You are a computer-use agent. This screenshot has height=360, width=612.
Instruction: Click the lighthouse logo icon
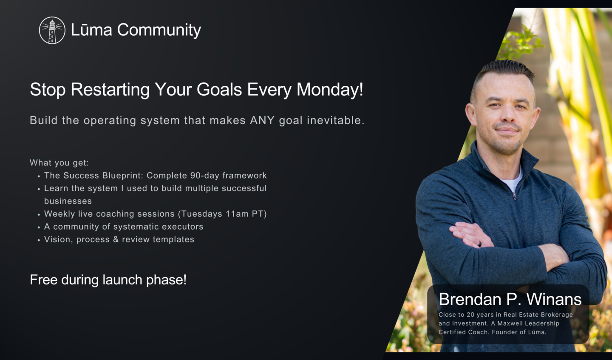pyautogui.click(x=52, y=30)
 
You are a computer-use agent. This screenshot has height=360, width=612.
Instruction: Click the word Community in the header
pyautogui.click(x=159, y=30)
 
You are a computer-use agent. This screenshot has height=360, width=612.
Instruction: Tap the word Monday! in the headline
pyautogui.click(x=330, y=90)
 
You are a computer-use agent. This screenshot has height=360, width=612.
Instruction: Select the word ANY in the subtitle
pyautogui.click(x=262, y=120)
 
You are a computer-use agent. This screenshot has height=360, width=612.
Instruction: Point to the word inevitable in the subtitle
pyautogui.click(x=335, y=120)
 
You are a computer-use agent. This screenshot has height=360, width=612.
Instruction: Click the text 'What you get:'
pyautogui.click(x=59, y=163)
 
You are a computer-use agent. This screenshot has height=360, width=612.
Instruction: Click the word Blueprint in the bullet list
pyautogui.click(x=122, y=176)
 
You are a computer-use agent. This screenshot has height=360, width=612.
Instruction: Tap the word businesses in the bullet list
pyautogui.click(x=68, y=201)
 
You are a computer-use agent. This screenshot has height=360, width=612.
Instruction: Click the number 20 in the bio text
pyautogui.click(x=470, y=315)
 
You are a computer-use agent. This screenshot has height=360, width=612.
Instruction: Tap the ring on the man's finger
pyautogui.click(x=479, y=244)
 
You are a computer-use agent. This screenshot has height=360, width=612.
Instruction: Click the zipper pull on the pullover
pyautogui.click(x=514, y=196)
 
